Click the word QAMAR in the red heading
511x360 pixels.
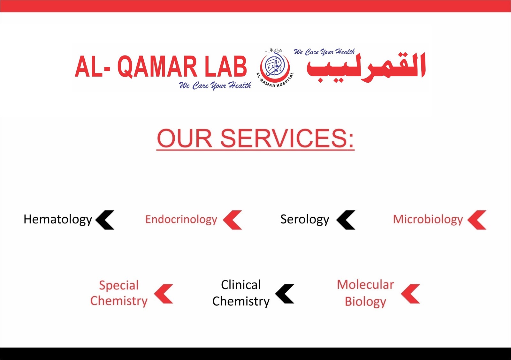(x=158, y=67)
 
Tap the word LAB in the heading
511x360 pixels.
(x=225, y=67)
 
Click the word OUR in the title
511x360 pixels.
(x=184, y=139)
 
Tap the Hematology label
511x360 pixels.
(x=58, y=220)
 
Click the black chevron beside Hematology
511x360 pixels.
(x=105, y=220)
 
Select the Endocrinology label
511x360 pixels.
(x=181, y=220)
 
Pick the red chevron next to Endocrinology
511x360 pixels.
(x=233, y=220)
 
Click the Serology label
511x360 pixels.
(x=305, y=220)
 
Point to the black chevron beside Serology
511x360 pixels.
(x=346, y=220)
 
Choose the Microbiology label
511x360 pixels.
(x=428, y=220)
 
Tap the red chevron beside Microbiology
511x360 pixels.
(x=477, y=220)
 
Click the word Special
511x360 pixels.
(x=119, y=285)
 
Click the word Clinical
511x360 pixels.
(x=241, y=285)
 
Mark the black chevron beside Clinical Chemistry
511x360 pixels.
(x=285, y=294)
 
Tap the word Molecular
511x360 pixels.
(x=365, y=284)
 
